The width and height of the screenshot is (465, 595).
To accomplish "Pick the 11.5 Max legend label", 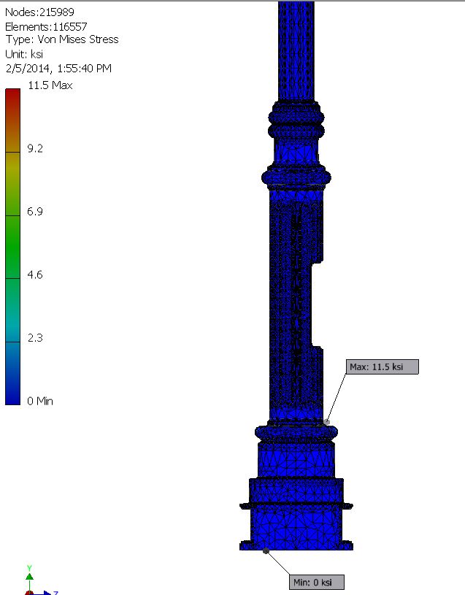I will pos(50,85).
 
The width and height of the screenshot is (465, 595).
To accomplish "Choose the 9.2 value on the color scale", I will pos(35,148).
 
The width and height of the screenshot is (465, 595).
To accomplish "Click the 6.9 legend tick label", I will pos(35,212).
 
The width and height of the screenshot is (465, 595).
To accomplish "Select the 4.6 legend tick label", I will pos(35,275).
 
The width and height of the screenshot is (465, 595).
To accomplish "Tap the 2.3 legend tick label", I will pos(35,338).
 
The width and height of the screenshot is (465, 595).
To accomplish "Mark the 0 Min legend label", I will pos(40,401).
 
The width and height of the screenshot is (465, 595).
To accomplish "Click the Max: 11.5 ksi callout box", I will pos(383,366).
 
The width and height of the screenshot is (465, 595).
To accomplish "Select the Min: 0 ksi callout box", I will pos(315,582).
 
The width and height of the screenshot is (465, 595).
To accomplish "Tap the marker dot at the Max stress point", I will pos(327,422).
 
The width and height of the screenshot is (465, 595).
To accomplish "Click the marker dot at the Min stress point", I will pos(266,550).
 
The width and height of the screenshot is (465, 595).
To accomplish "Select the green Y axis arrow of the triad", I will pos(29,573).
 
